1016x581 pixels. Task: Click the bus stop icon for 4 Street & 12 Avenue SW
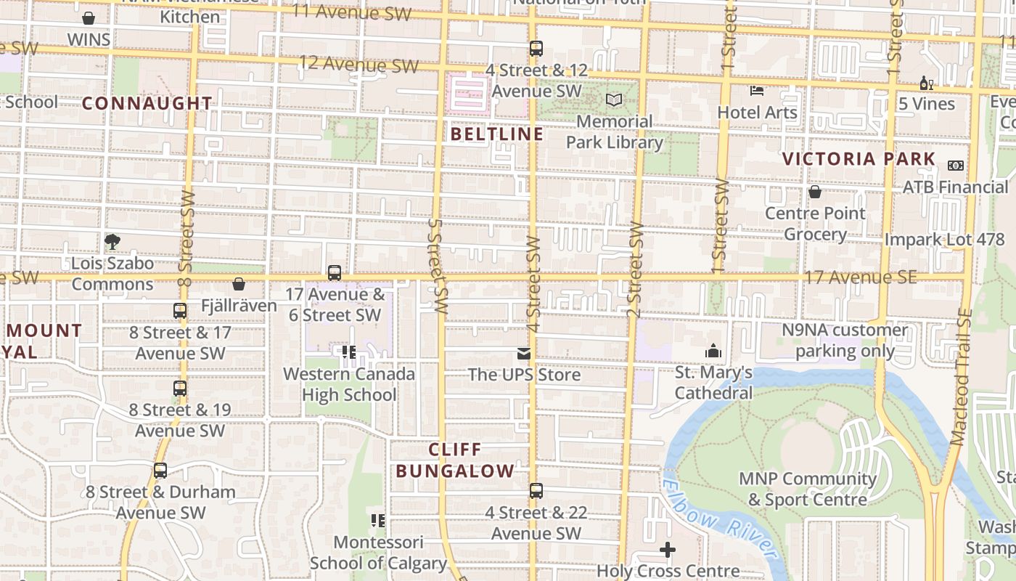point(536,49)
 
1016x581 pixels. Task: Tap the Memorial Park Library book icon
point(614,99)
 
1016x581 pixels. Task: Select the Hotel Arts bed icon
point(757,91)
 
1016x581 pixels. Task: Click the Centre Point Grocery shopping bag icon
point(815,192)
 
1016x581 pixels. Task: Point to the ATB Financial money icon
point(956,166)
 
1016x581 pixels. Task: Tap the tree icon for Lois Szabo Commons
point(112,241)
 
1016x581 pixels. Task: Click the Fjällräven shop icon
point(239,284)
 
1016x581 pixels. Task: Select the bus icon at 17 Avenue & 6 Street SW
point(335,273)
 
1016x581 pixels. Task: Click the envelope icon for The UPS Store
point(523,354)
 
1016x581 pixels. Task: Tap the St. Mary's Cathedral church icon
point(713,352)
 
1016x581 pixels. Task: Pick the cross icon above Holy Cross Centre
point(668,550)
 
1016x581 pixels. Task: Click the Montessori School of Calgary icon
point(377,520)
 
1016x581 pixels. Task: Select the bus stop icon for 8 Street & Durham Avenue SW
point(160,471)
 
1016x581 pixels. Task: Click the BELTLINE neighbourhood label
point(497,134)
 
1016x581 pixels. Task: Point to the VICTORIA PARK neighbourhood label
point(859,159)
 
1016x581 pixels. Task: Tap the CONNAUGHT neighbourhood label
point(147,103)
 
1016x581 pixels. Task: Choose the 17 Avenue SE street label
point(860,277)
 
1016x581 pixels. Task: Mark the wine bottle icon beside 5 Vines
point(927,83)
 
